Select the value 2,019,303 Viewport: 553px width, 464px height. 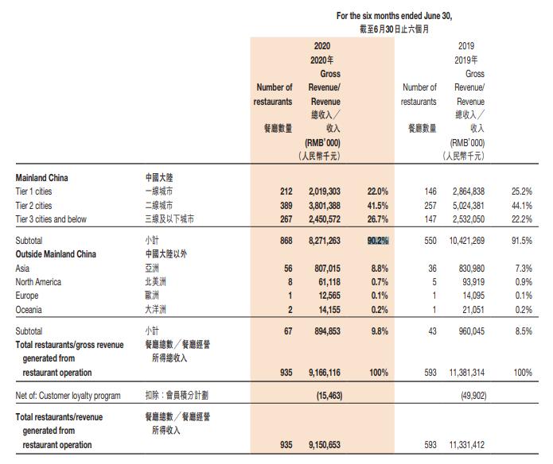324,191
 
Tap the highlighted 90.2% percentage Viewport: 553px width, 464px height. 377,240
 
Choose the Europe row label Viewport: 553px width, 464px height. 28,296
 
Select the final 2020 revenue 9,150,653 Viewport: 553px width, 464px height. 324,445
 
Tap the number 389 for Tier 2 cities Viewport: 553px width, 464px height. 284,205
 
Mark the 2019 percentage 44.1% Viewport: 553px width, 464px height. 521,205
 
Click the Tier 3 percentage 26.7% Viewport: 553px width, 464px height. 377,219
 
